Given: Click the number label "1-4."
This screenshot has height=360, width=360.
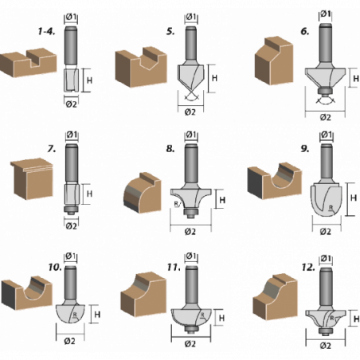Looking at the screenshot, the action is coord(46,32).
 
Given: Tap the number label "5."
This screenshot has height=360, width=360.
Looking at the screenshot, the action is coord(170,32).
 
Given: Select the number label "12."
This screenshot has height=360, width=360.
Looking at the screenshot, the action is coord(308,268).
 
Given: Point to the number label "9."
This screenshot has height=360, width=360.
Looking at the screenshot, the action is coord(305,149).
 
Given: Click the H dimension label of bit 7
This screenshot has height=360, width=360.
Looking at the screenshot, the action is coord(89,194).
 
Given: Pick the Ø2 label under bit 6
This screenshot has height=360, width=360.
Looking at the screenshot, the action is coord(325,117).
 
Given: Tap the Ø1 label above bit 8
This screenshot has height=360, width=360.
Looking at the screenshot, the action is coord(191,135).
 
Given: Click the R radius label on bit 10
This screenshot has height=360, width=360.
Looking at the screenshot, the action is coord(75,315).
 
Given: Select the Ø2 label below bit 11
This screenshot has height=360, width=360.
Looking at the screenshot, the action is coord(190,344).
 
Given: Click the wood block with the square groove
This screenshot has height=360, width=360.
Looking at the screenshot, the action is coord(29,63).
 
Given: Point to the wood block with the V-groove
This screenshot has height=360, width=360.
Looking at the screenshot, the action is coord(141,67).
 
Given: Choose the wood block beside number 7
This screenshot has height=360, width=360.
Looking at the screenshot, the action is coord(33,178).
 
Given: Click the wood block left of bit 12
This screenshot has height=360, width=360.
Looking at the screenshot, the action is coord(275,297).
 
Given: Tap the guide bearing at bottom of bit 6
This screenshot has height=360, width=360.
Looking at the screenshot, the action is coord(325,92).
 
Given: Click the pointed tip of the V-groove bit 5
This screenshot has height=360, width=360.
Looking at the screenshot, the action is coord(190,92).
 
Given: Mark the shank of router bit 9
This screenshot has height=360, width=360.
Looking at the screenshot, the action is coord(327,161).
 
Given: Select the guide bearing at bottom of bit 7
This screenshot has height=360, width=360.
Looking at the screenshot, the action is coord(71,209).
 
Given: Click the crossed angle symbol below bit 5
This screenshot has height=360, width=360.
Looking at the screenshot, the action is coord(190,96).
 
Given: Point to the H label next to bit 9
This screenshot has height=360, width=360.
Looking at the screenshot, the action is coord(354,198).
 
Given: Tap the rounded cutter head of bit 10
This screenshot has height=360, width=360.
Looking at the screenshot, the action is coord(70,314).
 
